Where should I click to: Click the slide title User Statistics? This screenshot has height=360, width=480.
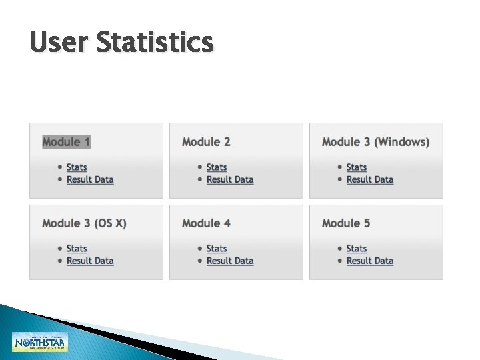(121, 43)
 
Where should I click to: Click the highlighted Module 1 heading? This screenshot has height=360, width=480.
(66, 142)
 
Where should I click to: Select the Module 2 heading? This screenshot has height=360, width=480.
(206, 142)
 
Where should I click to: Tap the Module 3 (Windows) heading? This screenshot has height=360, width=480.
(375, 142)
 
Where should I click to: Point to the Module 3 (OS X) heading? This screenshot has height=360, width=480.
(84, 223)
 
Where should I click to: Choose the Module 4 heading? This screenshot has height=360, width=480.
(206, 223)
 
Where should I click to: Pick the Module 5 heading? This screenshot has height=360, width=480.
(346, 223)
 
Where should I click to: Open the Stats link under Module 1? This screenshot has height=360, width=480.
(77, 167)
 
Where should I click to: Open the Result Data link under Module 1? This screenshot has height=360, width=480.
(90, 179)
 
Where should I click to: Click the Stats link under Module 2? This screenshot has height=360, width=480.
(217, 167)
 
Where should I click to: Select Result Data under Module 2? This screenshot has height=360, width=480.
(230, 179)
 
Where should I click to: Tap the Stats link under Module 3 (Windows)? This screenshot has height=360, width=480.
(357, 167)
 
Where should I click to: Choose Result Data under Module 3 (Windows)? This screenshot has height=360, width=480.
(370, 179)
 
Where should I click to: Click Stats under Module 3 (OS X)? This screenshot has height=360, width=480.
(77, 249)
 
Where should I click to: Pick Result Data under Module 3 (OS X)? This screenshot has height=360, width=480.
(90, 261)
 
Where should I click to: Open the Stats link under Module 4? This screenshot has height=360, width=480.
(217, 249)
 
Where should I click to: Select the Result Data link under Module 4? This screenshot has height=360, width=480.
(230, 261)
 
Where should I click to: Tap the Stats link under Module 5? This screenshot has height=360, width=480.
(357, 249)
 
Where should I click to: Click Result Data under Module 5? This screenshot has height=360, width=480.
(370, 261)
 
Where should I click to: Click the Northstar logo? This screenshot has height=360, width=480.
(40, 341)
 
